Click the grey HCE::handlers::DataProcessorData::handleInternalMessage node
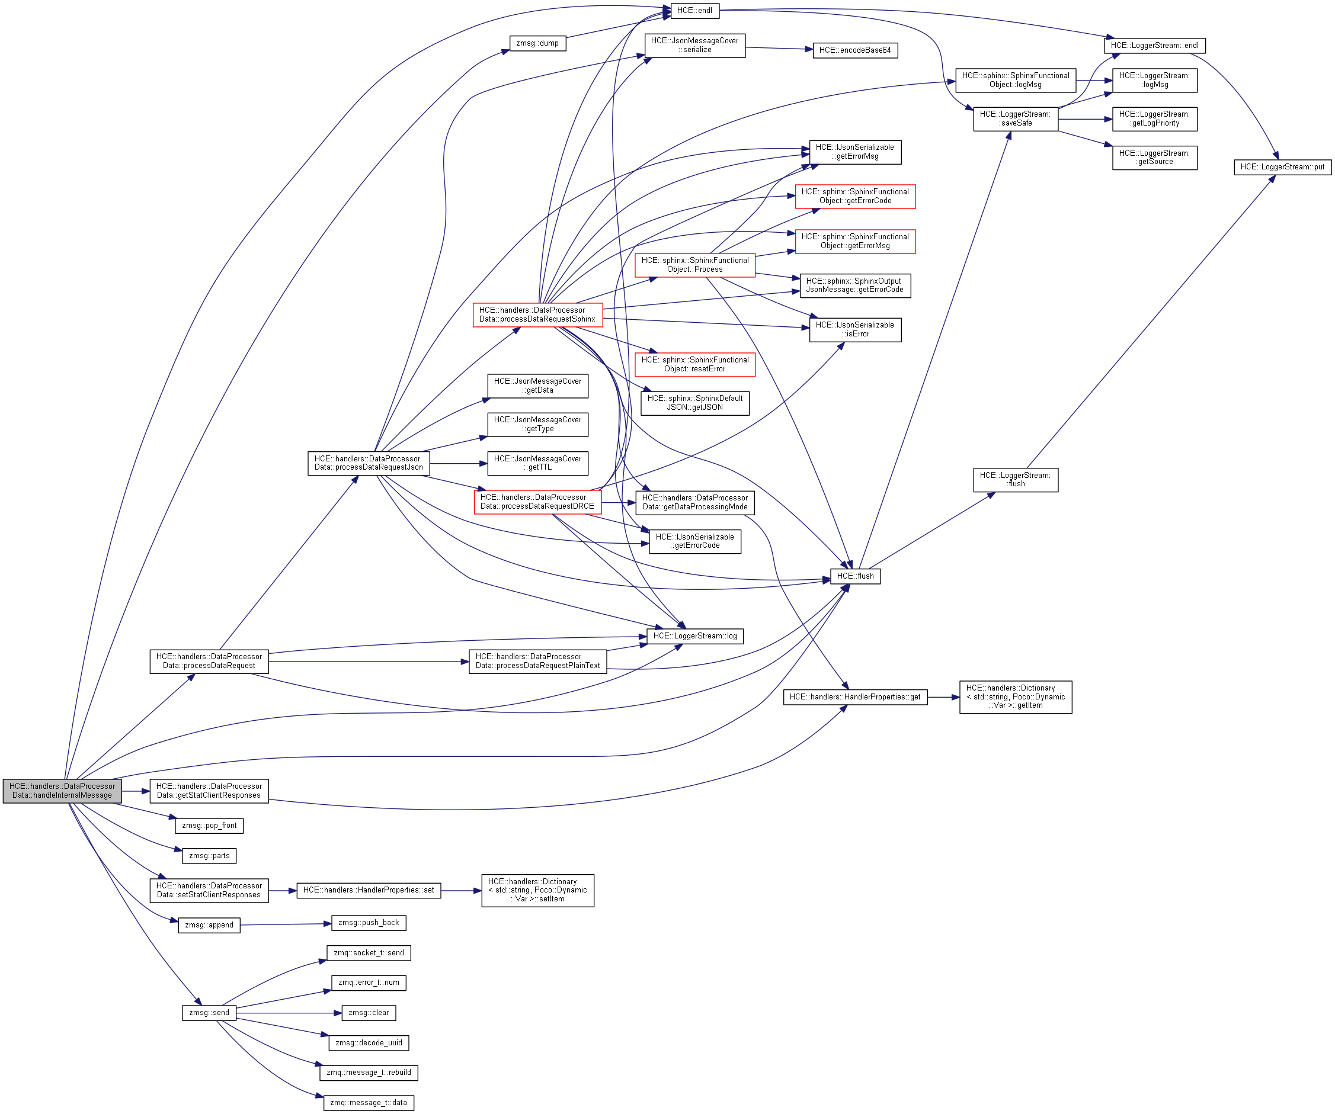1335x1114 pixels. tap(62, 791)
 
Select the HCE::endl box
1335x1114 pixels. tap(694, 11)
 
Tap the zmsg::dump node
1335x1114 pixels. tap(537, 43)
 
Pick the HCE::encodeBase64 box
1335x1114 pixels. tap(854, 50)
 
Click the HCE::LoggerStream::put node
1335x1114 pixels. tap(1282, 167)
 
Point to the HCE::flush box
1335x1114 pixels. tap(854, 576)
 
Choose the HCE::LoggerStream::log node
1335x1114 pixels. tap(694, 636)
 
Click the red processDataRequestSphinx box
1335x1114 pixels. tap(537, 314)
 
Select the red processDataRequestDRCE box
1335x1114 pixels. tap(537, 502)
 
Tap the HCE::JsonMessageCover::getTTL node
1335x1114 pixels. tap(537, 463)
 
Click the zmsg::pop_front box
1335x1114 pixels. tap(209, 826)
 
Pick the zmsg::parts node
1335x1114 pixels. tap(209, 856)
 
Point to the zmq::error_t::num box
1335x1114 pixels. tap(368, 983)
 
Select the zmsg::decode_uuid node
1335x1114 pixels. tap(368, 1043)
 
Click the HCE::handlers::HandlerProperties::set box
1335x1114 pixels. tap(368, 890)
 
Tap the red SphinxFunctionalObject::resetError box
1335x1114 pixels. tap(694, 364)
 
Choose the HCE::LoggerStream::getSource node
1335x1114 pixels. tap(1154, 158)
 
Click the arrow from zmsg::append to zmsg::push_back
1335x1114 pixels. tap(286, 924)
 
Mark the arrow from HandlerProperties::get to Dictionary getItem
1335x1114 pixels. tap(943, 697)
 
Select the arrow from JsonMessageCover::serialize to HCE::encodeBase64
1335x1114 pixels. tap(779, 49)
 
